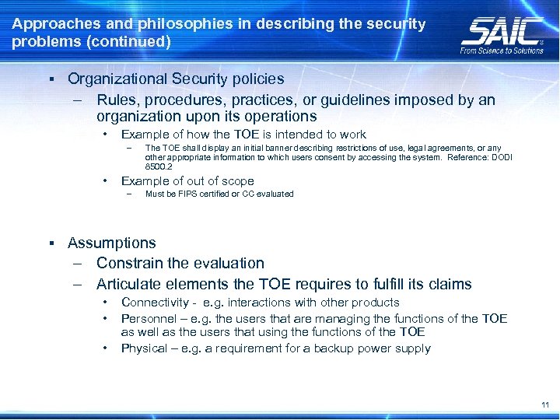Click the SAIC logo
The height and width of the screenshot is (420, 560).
point(502,31)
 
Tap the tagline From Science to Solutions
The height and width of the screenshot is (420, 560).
point(502,51)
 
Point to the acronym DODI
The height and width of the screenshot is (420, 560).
point(500,157)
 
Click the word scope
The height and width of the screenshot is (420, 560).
point(236,180)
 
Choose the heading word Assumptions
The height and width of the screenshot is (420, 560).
point(112,243)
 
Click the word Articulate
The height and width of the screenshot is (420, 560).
point(129,284)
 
